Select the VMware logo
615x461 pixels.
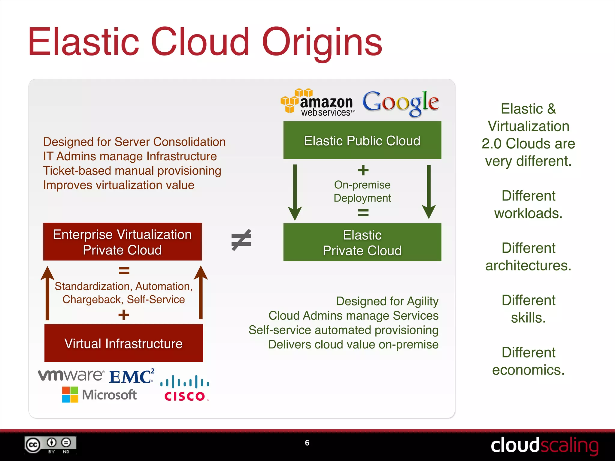[x=71, y=375]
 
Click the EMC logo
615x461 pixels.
[x=132, y=377]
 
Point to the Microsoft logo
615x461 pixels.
[x=99, y=394]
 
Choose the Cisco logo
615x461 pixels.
[x=185, y=389]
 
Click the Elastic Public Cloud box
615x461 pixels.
[x=362, y=140]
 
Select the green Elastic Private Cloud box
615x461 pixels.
[x=362, y=242]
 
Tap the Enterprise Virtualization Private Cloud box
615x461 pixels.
[x=122, y=242]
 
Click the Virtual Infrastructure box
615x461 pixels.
[x=123, y=343]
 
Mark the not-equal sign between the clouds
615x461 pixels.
[x=241, y=240]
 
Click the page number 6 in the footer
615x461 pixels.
[x=307, y=443]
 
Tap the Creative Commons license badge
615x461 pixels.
[x=50, y=445]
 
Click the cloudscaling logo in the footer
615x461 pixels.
[x=544, y=445]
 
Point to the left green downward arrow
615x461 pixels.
[x=295, y=192]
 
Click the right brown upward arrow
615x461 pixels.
[x=201, y=293]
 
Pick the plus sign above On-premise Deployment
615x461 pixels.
[x=363, y=170]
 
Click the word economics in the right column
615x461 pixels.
[x=528, y=370]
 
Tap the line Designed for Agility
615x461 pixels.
[x=387, y=301]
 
